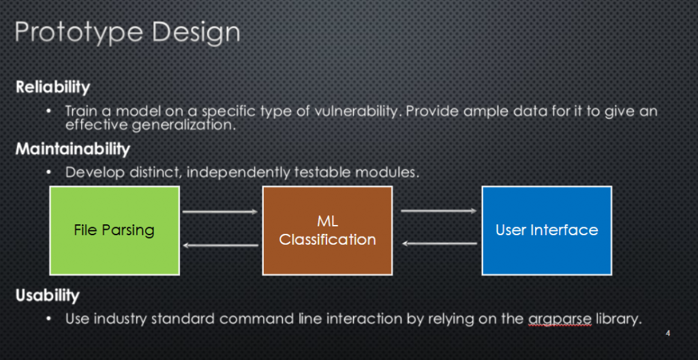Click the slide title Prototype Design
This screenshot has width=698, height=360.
[127, 33]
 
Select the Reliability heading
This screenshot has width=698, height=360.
[52, 87]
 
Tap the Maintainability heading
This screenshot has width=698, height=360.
[72, 149]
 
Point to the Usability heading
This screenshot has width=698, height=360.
[48, 295]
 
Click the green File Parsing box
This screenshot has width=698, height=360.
[115, 230]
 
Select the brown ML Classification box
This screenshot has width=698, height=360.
[327, 230]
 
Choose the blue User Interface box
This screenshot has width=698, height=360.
[547, 230]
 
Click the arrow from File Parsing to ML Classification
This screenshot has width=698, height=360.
[220, 211]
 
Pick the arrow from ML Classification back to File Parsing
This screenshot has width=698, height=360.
[220, 245]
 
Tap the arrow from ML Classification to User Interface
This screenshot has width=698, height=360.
[439, 211]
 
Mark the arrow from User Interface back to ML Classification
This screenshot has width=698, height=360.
[440, 243]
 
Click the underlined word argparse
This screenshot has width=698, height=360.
[560, 320]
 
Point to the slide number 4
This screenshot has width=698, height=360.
[668, 333]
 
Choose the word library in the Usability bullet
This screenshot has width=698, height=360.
[618, 319]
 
